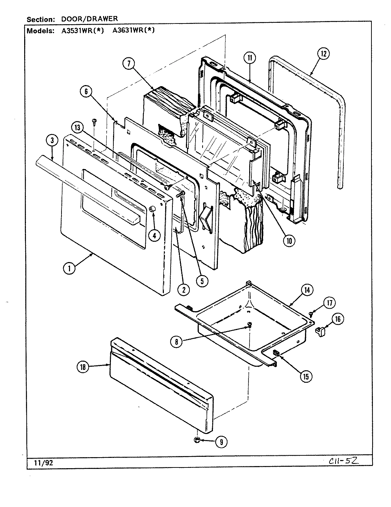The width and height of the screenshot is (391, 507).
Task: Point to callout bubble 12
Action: [x=323, y=54]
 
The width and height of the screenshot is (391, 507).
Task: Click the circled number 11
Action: [x=250, y=58]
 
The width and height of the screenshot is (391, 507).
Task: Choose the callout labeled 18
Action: [x=83, y=367]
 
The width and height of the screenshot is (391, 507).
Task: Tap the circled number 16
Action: [x=338, y=319]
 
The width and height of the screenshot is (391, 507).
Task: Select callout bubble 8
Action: [x=177, y=342]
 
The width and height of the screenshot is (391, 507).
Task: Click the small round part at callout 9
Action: [x=197, y=441]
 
